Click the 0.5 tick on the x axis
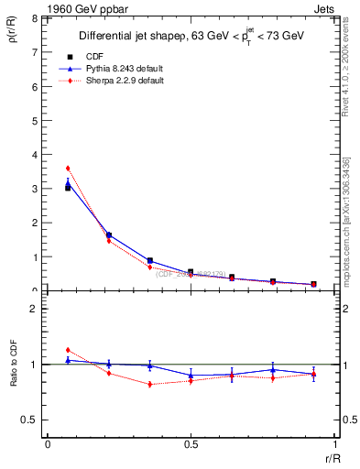click(191, 444)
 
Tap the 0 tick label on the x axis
click(48, 444)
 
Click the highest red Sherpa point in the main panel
click(68, 169)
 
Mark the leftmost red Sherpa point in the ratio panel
click(68, 350)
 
